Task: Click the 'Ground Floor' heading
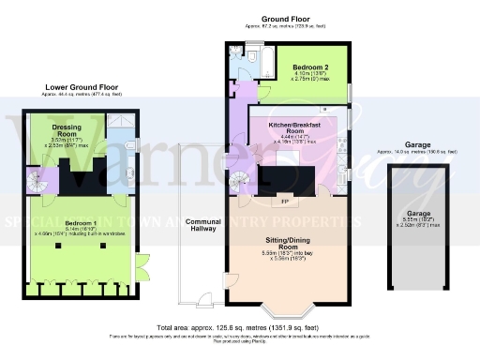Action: point(285,19)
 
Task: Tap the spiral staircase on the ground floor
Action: point(243,178)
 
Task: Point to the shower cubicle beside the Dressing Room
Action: point(120,123)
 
